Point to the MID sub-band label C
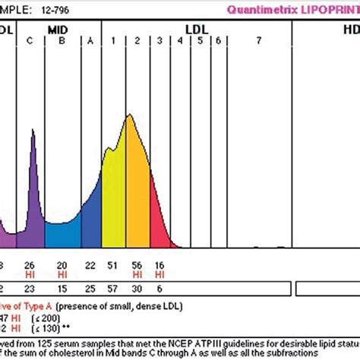tap(30, 41)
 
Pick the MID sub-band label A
tap(90, 41)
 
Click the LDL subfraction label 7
tap(259, 41)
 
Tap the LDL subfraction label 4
tap(180, 41)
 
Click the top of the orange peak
tap(131, 115)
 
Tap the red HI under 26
tap(30, 273)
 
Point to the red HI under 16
tap(159, 273)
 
